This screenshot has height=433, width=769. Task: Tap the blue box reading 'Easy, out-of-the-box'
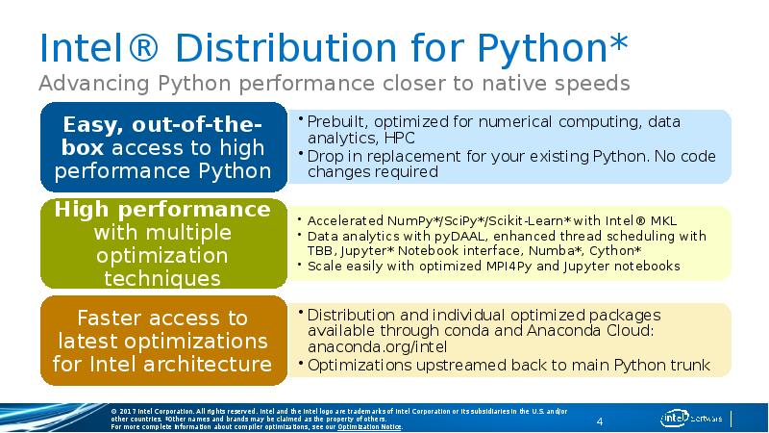(161, 148)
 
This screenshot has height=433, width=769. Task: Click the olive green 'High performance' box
(161, 243)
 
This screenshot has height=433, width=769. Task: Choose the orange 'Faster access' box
(161, 341)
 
